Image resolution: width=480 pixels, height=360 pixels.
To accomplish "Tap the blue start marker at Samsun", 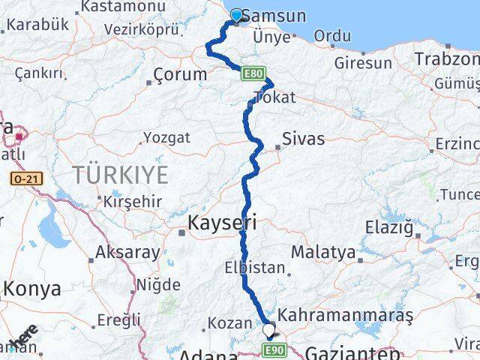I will (237, 14).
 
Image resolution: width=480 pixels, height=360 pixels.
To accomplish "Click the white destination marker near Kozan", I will (268, 328).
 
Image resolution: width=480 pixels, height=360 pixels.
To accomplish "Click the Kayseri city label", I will (222, 222).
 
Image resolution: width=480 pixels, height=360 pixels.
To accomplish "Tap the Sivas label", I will (304, 139).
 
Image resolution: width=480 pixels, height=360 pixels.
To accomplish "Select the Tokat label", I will (274, 97).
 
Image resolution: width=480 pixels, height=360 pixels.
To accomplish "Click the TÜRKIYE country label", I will (119, 175).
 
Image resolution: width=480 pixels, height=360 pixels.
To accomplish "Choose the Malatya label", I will (323, 252).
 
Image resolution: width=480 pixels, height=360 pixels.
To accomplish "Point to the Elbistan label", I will (255, 267).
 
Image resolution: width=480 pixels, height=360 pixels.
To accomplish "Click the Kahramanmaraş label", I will (346, 316).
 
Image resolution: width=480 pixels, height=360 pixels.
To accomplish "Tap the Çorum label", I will (180, 74).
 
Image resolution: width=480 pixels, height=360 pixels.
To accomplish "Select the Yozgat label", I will (166, 138).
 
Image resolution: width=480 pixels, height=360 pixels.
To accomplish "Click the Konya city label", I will (28, 289).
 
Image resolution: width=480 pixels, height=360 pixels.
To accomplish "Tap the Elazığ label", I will (409, 226).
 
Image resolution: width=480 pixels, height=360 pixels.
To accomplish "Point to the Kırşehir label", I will (124, 202).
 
